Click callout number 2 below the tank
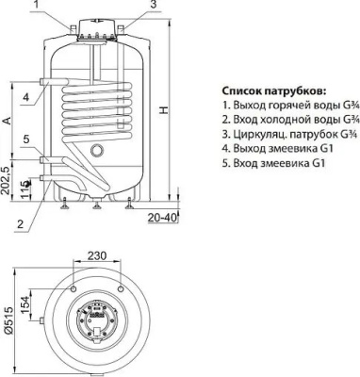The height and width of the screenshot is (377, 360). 21,223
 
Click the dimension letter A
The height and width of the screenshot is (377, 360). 8,122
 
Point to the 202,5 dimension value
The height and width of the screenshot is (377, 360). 8,178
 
